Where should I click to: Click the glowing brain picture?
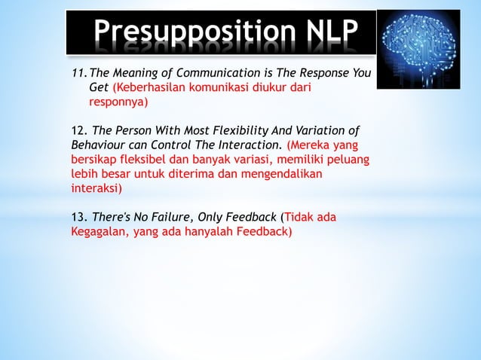[x=418, y=48]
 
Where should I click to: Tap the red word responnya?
[x=119, y=101]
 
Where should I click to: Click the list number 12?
[x=78, y=130]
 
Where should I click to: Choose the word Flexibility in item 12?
[x=247, y=130]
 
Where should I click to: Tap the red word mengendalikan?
[x=283, y=174]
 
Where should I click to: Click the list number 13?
[x=78, y=218]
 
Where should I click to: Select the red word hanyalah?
[x=213, y=232]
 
